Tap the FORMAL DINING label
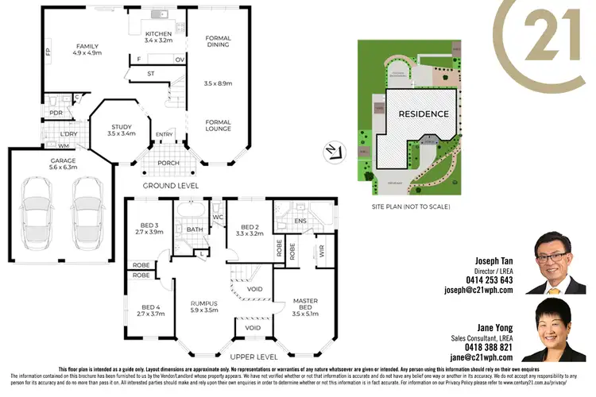(x=218, y=41)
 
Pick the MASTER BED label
(x=305, y=305)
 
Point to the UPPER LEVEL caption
(x=253, y=357)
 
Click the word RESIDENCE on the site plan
(x=423, y=114)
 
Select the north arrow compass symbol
(x=331, y=148)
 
